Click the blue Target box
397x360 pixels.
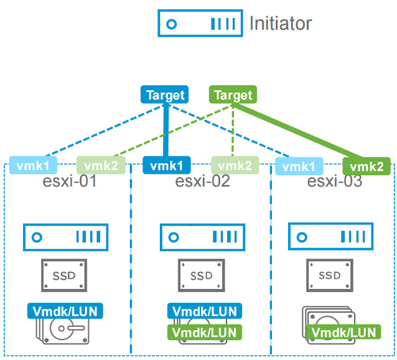pos(166,95)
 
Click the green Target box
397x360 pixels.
pos(233,95)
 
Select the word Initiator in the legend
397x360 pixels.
pos(280,24)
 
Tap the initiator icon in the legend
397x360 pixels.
pos(200,24)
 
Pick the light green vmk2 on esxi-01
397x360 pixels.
pos(101,166)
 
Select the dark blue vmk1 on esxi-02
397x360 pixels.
pos(167,166)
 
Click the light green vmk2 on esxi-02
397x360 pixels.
pos(236,166)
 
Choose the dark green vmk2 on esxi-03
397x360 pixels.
pos(367,166)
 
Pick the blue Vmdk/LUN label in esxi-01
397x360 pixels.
pos(65,311)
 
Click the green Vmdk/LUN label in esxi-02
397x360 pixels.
pos(204,332)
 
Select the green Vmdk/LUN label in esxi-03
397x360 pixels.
pos(343,332)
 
